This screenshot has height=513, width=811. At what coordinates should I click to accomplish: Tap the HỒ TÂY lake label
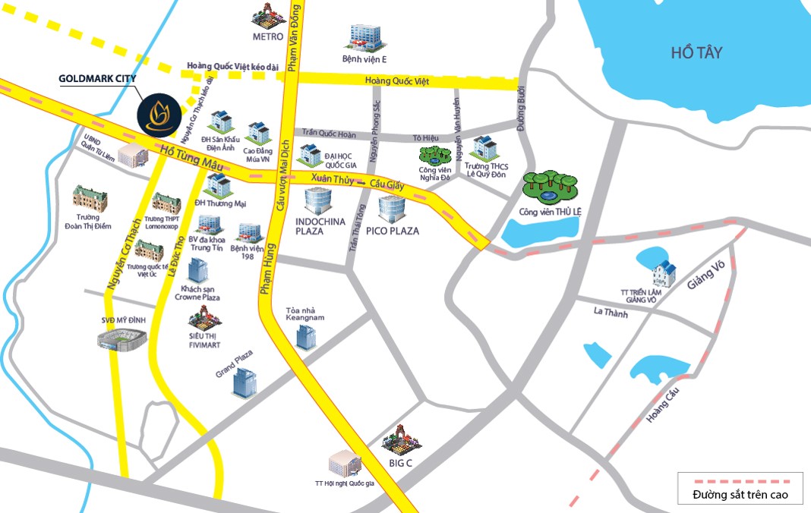pos(696,53)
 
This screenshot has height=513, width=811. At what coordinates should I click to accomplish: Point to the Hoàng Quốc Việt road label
pos(396,81)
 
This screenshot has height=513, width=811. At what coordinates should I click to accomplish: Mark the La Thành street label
pos(611,312)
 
